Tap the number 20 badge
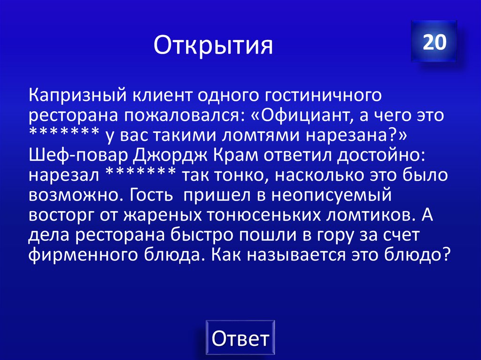(x=434, y=42)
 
